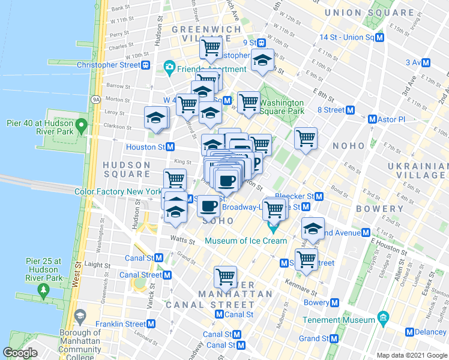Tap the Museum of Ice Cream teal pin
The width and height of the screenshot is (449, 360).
coord(274,228)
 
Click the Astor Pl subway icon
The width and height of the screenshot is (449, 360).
coord(372,119)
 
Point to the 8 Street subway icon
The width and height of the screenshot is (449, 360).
coord(351,110)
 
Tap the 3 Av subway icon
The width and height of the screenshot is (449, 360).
coord(426,62)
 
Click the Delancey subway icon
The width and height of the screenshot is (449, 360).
coord(410,331)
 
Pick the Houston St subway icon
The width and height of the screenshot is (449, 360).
coord(170,146)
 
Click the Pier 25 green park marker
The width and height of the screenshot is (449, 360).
coord(43,291)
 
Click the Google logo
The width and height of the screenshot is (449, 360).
coord(20,353)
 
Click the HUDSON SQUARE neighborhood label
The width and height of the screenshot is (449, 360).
coord(126,169)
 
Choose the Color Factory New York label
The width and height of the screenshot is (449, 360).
coord(118,192)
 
